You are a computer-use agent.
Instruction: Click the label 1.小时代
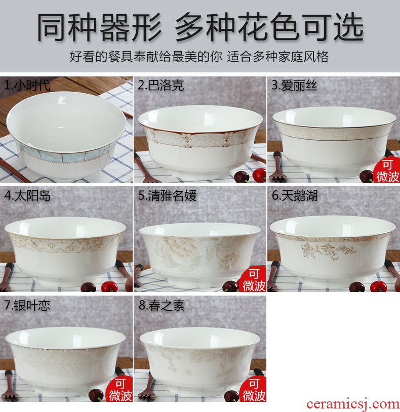click(x=27, y=86)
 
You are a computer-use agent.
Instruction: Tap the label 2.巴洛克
click(x=161, y=86)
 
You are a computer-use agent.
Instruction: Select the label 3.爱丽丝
click(x=294, y=86)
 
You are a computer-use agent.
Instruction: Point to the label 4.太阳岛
click(x=27, y=196)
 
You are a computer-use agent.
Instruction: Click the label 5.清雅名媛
click(x=168, y=196)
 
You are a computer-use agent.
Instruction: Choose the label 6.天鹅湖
click(x=295, y=196)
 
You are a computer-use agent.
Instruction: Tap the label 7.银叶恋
click(x=27, y=306)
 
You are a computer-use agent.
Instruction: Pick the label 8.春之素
click(x=162, y=306)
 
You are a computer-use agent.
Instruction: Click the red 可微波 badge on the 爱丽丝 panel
click(x=387, y=171)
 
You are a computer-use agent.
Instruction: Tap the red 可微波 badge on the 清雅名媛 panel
click(x=253, y=280)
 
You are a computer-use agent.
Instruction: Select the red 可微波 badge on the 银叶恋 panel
click(x=120, y=390)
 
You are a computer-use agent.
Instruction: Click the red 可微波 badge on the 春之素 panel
click(x=253, y=390)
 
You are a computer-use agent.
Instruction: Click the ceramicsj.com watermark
click(x=353, y=404)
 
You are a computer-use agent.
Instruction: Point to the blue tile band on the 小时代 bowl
click(x=63, y=157)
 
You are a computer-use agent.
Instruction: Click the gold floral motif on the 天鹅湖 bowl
click(x=325, y=251)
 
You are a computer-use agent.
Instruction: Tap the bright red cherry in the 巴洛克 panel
click(x=259, y=175)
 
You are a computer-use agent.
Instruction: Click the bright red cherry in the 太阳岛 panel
click(x=109, y=286)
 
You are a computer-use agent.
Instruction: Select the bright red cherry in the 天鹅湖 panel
click(x=379, y=286)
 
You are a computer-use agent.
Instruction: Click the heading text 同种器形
click(x=99, y=27)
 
